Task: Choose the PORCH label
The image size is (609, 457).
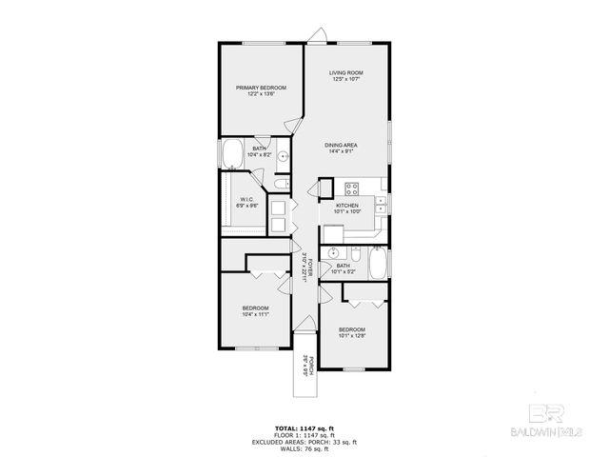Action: pyautogui.click(x=304, y=364)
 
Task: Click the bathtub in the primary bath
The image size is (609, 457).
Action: pyautogui.click(x=232, y=153)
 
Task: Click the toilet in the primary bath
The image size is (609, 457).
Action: pyautogui.click(x=277, y=184)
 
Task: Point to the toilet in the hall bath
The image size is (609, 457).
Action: pyautogui.click(x=353, y=255)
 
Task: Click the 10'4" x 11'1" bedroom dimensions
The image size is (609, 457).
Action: pyautogui.click(x=255, y=314)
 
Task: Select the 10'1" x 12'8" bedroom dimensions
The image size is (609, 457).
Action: pyautogui.click(x=351, y=335)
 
